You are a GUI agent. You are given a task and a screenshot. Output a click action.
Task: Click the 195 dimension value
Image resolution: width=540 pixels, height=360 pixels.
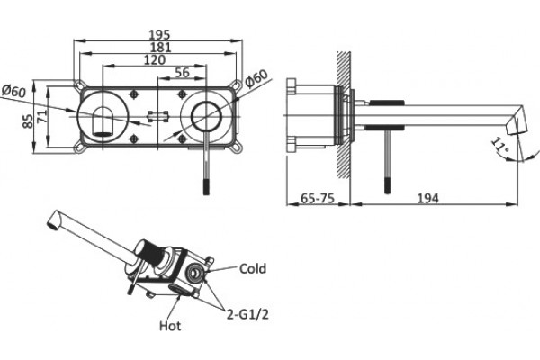[x=159, y=35]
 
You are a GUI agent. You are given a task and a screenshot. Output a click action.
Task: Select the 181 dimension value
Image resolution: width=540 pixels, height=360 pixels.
[x=160, y=48]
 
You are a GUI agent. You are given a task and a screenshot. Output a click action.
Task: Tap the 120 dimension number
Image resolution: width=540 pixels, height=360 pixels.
[x=155, y=60]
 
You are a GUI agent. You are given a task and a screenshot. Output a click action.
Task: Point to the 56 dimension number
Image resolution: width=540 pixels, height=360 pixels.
[x=182, y=72]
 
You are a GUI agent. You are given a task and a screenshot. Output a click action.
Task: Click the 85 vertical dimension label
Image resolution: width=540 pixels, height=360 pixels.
[x=28, y=121]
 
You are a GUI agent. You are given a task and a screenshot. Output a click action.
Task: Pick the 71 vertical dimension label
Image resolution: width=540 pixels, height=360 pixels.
[x=42, y=116]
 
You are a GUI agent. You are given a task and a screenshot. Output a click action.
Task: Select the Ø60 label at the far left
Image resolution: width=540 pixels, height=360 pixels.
[x=13, y=91]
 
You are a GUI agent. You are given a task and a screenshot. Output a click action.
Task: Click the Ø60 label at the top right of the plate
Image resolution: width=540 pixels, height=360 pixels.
[x=256, y=78]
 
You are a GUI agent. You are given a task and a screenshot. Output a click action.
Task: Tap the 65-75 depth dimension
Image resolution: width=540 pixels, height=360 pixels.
[x=318, y=198]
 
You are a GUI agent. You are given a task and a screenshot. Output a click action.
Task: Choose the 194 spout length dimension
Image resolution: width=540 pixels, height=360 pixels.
[x=428, y=198]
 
